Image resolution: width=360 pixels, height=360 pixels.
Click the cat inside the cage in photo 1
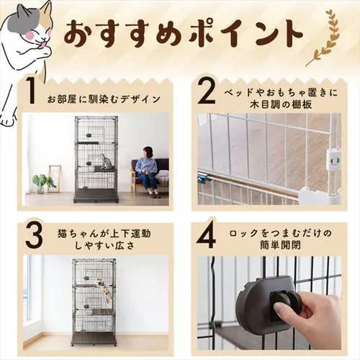(107, 162)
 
